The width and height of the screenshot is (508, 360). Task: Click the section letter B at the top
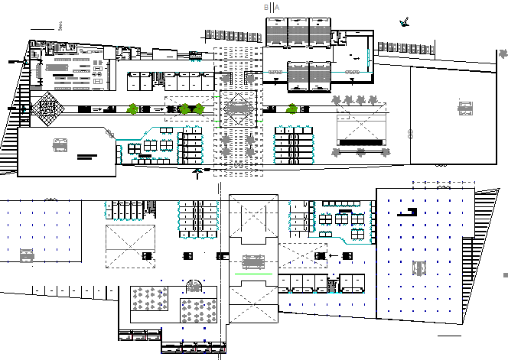pos(266,7)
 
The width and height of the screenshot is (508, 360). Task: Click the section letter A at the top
pos(277,7)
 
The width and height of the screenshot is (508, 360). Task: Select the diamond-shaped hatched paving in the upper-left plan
pos(46,108)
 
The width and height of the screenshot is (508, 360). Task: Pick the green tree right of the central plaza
pos(291,109)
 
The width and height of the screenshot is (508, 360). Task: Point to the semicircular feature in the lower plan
pos(194,286)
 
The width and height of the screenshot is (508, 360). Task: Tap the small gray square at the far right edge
pos(504,274)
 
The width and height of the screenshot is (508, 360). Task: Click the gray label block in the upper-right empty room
pos(464,108)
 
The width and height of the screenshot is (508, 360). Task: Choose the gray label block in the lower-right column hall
pos(418,268)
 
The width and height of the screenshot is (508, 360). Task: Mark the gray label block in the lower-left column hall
pos(27,255)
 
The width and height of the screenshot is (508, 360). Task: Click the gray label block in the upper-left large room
pos(59,143)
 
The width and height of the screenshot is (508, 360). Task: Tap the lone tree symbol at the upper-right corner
pos(502,55)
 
